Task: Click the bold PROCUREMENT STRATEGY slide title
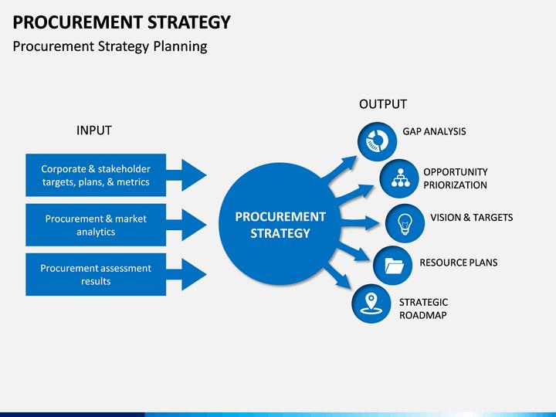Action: pos(122,22)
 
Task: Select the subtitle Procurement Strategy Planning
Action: pos(110,46)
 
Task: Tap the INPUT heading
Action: pos(94,131)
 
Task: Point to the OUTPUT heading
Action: pos(383,104)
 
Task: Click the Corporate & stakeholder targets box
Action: pos(96,175)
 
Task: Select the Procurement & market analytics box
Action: pos(96,225)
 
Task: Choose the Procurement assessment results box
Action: pos(96,274)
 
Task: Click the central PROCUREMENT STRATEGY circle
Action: pos(280,224)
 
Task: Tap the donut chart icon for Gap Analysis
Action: pos(378,141)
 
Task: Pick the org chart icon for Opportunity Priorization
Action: pos(400,178)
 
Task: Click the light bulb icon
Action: pos(405,223)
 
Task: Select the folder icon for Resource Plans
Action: pos(393,265)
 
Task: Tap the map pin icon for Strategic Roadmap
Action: pos(371,303)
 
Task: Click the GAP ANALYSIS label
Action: pos(434,131)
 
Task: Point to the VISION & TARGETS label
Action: pos(472,217)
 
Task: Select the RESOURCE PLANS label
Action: pos(459,263)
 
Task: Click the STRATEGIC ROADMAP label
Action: pos(423,309)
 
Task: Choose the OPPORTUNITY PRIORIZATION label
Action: pos(456,178)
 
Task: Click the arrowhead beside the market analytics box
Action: pos(194,225)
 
